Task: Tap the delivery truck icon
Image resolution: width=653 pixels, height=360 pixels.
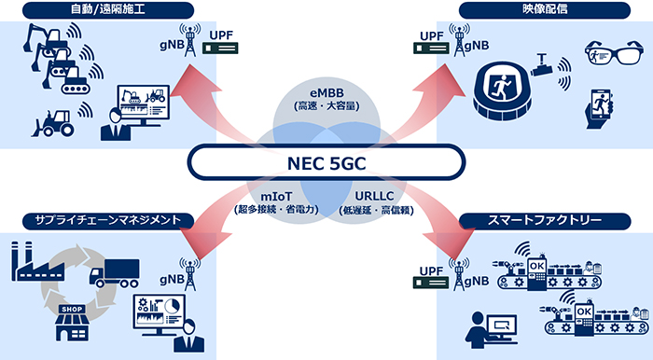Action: click(x=111, y=271)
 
